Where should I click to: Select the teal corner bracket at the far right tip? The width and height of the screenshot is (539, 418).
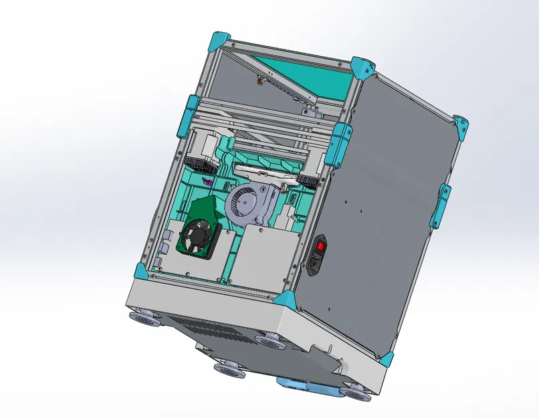(x=461, y=127)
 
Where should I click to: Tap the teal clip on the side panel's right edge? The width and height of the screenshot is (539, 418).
(x=441, y=203)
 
